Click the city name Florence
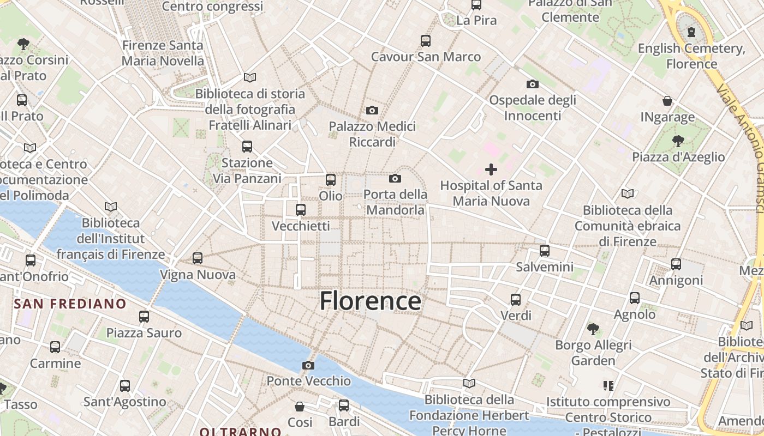coord(370,301)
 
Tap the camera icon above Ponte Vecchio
coord(308,365)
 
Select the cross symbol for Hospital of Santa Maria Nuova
coord(491,169)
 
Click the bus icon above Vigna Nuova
coord(198,258)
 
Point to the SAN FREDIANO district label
coord(70,304)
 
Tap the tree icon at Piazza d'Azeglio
coord(678,141)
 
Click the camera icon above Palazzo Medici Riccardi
coord(372,111)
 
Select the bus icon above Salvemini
coord(545,251)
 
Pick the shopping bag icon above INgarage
coord(667,101)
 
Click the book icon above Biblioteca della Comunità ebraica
coord(628,193)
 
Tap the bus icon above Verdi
coord(516,299)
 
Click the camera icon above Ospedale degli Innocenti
coord(533,84)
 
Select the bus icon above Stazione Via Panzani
coord(247,146)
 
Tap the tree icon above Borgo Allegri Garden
coord(593,329)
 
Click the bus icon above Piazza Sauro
coord(144,316)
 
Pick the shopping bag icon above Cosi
coord(300,407)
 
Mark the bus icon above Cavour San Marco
coord(426,40)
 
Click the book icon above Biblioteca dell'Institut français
coord(111,207)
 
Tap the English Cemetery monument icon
coord(691,32)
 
